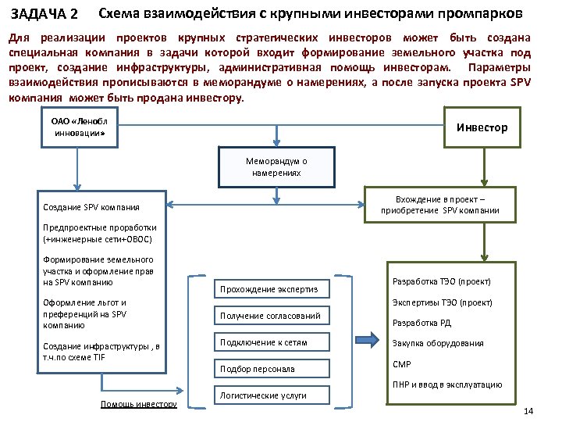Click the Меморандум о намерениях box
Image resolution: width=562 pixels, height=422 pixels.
coord(276,166)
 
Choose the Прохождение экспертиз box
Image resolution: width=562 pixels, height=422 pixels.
coord(269,290)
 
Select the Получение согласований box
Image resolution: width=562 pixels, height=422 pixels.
coord(269,316)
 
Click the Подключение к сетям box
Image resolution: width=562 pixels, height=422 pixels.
coord(269,342)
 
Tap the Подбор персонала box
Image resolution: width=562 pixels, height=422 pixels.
coord(269,368)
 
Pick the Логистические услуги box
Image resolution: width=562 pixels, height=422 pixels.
coord(269,395)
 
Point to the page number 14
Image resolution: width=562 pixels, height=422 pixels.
coord(528,411)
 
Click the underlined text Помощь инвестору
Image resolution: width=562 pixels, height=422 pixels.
coord(138,403)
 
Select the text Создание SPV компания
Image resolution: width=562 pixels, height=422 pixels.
coord(92,207)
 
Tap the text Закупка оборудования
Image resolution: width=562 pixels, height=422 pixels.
coord(437,343)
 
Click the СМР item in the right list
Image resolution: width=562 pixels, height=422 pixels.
coord(401,364)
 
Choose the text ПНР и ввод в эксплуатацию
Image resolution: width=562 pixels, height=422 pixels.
coord(446,384)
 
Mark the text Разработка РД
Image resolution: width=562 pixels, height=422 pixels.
coord(421,323)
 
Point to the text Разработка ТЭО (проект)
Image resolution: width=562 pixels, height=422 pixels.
coord(442,281)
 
